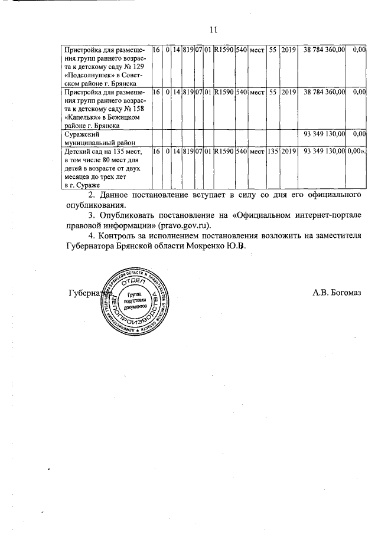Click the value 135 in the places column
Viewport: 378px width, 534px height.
[273, 152]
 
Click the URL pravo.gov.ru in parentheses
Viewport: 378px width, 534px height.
[185, 225]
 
